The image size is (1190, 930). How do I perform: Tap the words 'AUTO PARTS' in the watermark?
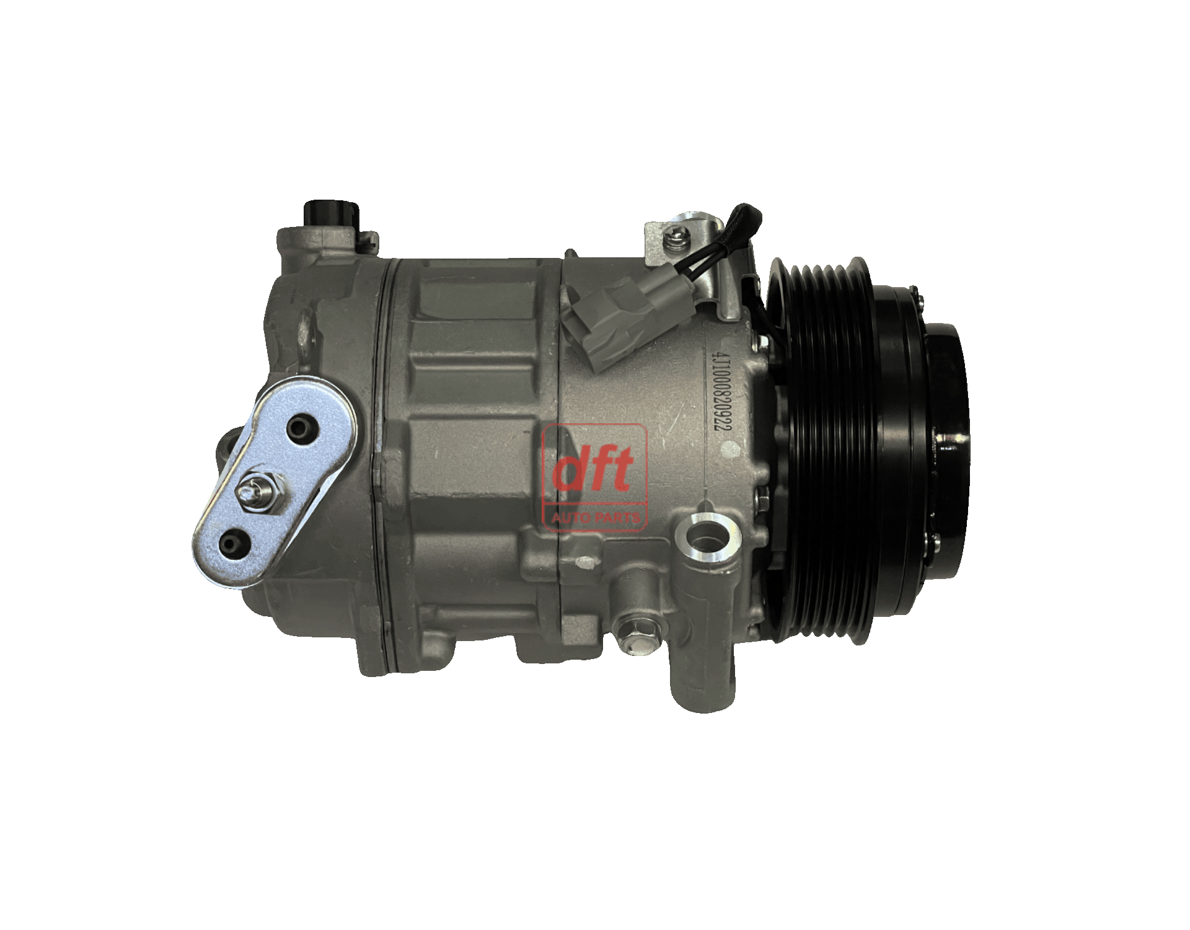(595, 517)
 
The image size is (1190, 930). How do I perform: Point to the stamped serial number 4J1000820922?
(720, 393)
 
